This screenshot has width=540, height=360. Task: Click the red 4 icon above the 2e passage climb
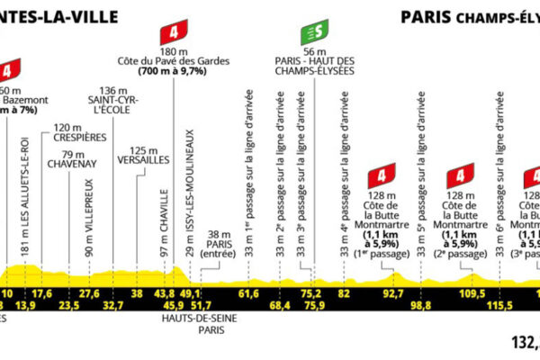pos(461,172)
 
